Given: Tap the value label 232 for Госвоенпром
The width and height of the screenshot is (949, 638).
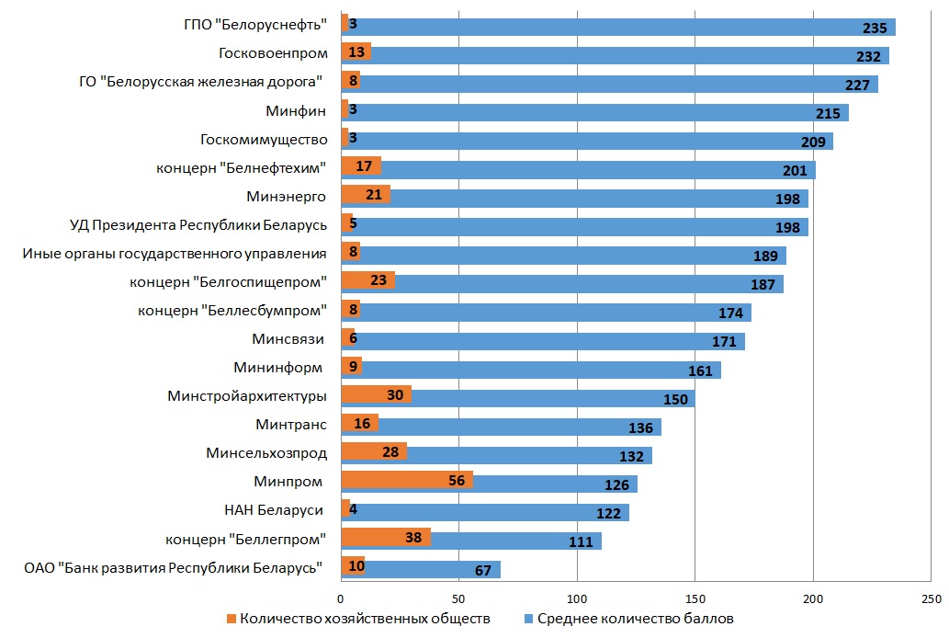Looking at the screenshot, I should point(868,56).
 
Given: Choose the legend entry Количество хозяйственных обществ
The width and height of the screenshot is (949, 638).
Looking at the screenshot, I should point(357,619).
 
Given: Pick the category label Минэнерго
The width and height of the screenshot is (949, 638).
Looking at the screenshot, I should point(287,197).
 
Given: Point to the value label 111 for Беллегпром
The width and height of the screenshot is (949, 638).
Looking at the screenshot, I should point(581,542).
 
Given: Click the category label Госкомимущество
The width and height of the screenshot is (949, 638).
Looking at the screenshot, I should point(264,140).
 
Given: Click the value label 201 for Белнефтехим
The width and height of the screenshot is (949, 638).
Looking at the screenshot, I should point(795,171).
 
